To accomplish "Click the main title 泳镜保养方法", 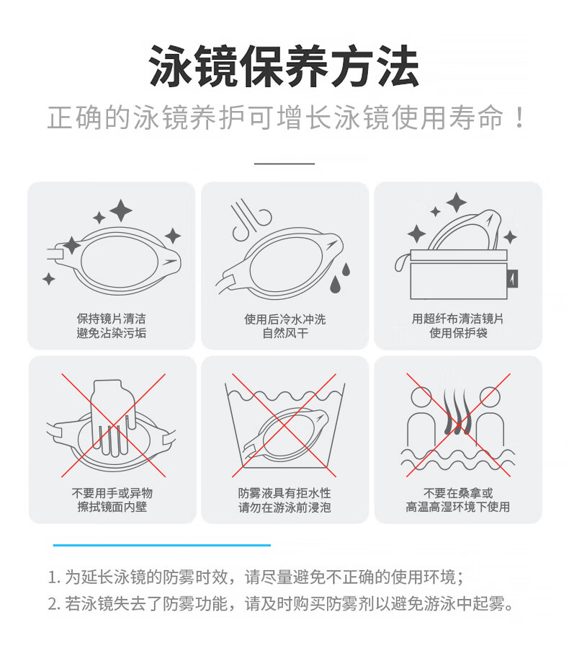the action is (284, 66).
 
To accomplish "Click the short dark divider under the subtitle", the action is (284, 164).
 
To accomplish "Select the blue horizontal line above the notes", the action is (162, 545).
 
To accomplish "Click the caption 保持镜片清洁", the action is (111, 319).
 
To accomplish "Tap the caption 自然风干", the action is (285, 334).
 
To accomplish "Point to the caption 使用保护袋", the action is (458, 333).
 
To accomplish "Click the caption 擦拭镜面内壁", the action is (112, 507).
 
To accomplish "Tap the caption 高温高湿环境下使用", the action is (458, 507).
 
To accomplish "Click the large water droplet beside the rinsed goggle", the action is (335, 284).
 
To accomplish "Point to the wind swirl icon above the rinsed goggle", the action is (250, 220).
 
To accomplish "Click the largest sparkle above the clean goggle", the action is (121, 210).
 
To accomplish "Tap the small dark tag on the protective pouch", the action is (513, 278).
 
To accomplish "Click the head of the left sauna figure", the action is (421, 397).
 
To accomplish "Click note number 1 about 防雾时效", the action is (256, 577).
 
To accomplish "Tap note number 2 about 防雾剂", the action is (280, 603).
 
